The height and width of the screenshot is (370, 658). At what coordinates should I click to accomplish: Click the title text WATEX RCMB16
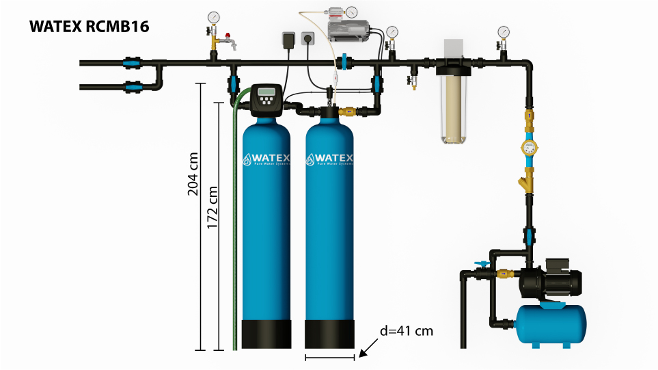90,27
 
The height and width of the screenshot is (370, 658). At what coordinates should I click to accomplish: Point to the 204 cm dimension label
193,174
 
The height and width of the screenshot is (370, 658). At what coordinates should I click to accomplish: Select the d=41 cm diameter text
407,331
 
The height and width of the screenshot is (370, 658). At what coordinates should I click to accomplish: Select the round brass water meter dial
529,146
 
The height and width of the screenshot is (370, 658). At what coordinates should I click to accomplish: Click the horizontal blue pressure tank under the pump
551,323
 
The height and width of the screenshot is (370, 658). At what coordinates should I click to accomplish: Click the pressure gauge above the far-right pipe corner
504,31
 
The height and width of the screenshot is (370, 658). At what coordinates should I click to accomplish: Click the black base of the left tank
267,335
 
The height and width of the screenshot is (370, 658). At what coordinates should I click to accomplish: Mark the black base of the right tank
330,335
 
